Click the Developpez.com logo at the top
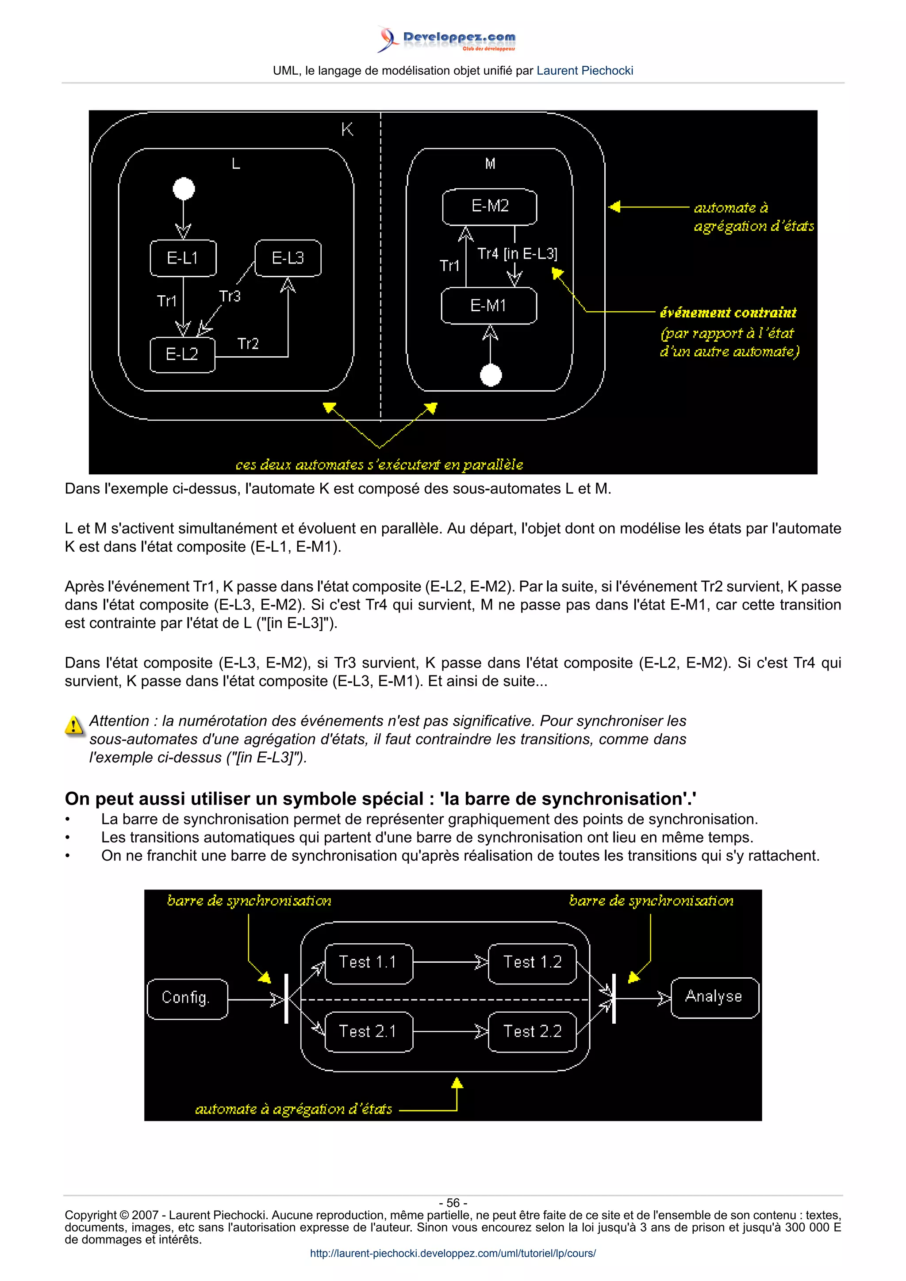[x=446, y=39]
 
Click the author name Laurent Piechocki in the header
[x=584, y=71]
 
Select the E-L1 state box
[x=183, y=258]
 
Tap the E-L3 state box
[x=288, y=258]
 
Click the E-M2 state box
[x=490, y=206]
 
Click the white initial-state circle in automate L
[x=184, y=189]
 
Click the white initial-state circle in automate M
[x=491, y=375]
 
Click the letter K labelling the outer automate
[x=347, y=130]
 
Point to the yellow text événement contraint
[x=728, y=313]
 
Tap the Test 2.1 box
[x=368, y=1032]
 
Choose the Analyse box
[x=714, y=997]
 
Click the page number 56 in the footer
[x=453, y=1203]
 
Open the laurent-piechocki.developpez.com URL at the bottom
[x=453, y=1253]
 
